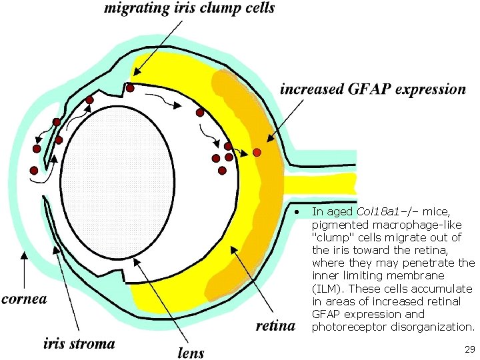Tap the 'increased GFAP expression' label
coord(373,89)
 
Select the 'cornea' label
coord(25,299)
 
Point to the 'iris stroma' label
coord(79,344)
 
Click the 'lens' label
coord(191,352)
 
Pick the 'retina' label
coord(275,326)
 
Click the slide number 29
coord(469,349)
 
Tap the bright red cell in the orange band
coord(257,153)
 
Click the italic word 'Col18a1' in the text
coord(377,211)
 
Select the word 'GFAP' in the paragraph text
coord(325,314)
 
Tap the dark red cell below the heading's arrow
coord(131,88)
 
